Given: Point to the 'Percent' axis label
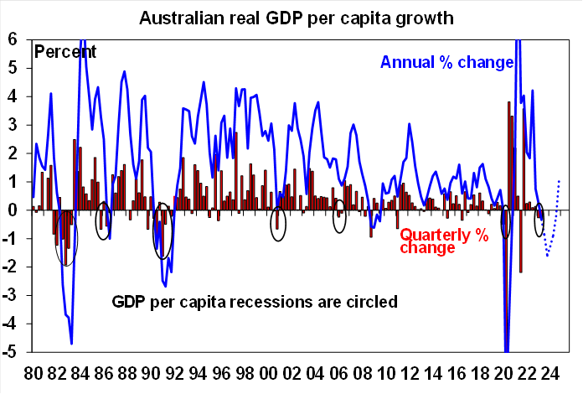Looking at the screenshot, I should coord(65,52).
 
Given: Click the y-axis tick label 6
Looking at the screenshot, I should coord(13,39).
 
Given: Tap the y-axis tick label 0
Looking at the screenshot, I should coord(13,210).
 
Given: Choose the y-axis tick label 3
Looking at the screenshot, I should coord(13,125).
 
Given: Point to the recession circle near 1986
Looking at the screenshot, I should coord(103,220).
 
